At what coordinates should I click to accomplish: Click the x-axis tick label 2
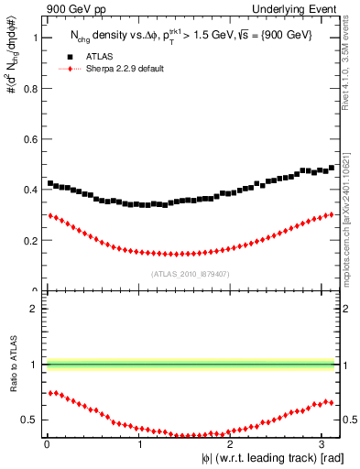(x=232, y=443)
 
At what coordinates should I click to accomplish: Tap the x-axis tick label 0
(x=46, y=443)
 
